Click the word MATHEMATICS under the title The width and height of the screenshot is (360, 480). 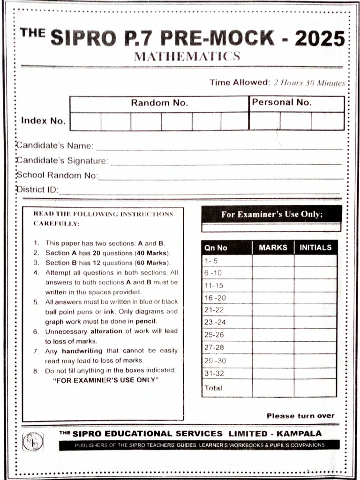[187, 57]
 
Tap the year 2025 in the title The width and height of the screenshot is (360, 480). [320, 38]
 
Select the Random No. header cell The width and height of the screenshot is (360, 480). [159, 103]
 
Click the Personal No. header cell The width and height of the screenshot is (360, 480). [282, 103]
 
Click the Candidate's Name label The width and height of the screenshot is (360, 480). [55, 145]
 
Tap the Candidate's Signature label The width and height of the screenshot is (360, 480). [62, 161]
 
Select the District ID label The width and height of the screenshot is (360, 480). [37, 190]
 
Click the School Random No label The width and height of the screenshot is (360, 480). [57, 175]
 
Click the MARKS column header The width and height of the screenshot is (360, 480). [273, 247]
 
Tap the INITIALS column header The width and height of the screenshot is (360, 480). [315, 247]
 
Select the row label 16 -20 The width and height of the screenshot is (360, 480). [215, 298]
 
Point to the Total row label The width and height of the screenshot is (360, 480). [213, 388]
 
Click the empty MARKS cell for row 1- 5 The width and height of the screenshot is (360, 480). [273, 261]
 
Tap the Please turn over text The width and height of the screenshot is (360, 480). [300, 416]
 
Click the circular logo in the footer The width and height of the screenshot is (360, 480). [33, 441]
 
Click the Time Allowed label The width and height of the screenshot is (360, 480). [238, 83]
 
